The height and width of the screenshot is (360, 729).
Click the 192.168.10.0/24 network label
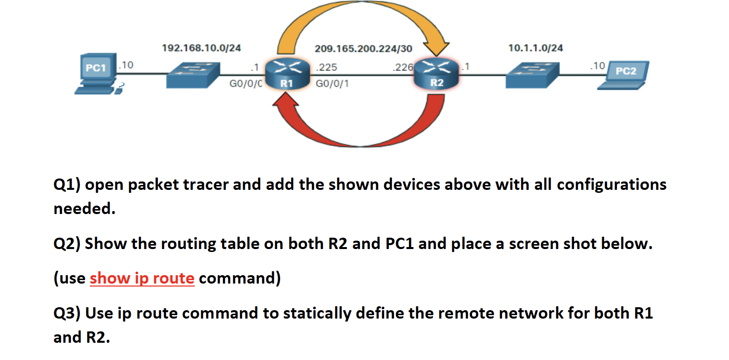[x=201, y=48]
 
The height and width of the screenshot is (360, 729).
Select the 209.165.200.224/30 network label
[x=364, y=49]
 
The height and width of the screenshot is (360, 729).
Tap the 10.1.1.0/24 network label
[x=536, y=48]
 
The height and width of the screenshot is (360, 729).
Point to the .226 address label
[x=402, y=68]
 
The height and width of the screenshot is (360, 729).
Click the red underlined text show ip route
[x=142, y=279]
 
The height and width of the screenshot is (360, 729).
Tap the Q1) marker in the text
[x=67, y=185]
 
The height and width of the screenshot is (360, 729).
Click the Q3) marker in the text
[x=67, y=313]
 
